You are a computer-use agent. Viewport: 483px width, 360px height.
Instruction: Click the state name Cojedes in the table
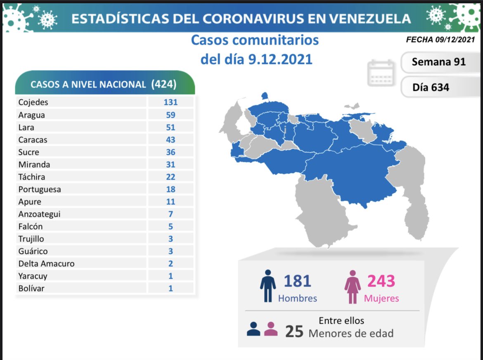point(33,102)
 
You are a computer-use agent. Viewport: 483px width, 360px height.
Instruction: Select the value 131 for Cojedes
point(170,102)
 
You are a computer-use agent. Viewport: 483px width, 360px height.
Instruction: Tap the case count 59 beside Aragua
point(170,115)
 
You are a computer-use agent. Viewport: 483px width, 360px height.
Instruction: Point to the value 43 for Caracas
point(170,140)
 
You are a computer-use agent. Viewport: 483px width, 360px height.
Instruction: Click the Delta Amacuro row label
point(46,263)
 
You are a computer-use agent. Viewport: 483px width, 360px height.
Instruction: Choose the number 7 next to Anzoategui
point(170,214)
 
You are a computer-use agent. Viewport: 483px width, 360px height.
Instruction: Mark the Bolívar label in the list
point(31,288)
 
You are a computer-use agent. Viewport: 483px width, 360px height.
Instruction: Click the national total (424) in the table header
point(164,84)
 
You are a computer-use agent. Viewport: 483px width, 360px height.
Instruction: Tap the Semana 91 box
point(438,62)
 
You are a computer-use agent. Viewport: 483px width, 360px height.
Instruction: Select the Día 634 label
point(431,87)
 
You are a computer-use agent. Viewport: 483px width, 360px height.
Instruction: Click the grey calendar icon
point(381,73)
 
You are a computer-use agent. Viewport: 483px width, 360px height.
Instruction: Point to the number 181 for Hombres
point(297,281)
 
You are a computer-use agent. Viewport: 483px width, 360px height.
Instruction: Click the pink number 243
point(381,281)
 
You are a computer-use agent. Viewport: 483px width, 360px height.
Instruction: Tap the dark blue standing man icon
point(268,286)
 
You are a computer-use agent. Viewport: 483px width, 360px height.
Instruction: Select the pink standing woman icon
point(353,287)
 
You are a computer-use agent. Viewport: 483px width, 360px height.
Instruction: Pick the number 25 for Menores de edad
point(294,332)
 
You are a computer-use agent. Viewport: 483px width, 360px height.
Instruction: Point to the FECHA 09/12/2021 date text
point(440,40)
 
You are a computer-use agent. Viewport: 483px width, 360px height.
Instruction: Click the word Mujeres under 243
point(381,298)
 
